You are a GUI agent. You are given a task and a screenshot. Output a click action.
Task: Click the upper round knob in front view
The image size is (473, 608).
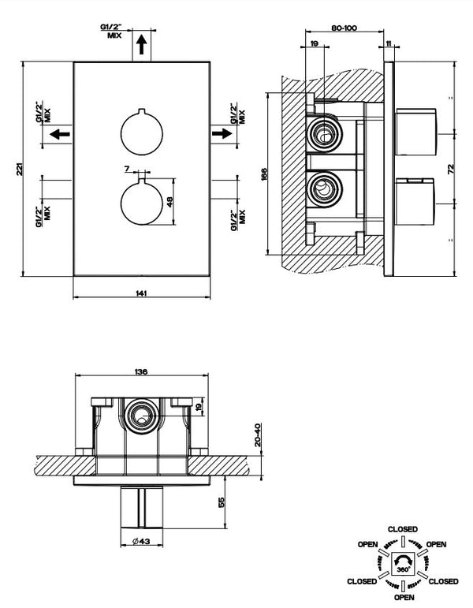[142, 132]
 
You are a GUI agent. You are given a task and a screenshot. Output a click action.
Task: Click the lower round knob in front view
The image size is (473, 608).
[142, 203]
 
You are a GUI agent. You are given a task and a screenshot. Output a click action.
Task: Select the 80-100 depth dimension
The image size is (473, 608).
[345, 28]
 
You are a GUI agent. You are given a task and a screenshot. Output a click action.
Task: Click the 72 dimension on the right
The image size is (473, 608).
[451, 169]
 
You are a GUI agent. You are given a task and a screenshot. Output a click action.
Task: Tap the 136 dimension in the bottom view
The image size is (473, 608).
[141, 372]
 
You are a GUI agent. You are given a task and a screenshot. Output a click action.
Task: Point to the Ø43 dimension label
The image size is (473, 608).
[141, 540]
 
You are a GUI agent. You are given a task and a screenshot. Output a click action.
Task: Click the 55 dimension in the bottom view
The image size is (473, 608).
[222, 502]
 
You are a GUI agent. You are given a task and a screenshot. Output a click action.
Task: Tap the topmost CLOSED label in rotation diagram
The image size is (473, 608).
[403, 528]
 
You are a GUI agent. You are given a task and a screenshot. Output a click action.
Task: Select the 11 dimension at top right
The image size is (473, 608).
[389, 45]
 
